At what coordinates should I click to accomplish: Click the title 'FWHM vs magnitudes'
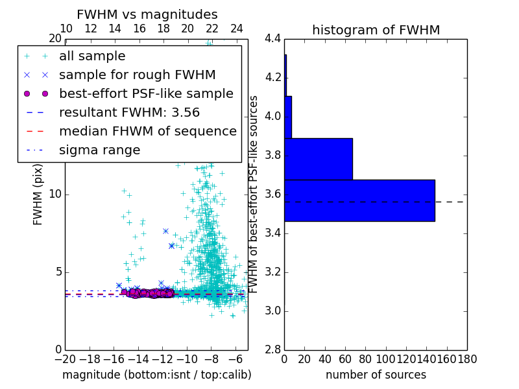[147, 14]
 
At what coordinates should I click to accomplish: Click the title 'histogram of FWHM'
[376, 30]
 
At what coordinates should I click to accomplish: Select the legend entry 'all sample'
[92, 56]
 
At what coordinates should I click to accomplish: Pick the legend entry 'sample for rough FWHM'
[137, 75]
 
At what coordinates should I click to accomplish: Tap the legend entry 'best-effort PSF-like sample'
[146, 94]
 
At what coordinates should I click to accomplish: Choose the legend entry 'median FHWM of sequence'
[147, 132]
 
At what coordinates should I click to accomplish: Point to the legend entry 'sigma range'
[99, 150]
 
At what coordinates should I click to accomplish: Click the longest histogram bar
[359, 200]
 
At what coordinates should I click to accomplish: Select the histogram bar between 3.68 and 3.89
[319, 159]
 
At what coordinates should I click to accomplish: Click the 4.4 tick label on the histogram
[273, 39]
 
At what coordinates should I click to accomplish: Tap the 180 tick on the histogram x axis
[467, 359]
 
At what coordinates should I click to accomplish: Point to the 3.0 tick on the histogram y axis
[273, 311]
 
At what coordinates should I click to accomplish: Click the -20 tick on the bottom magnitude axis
[65, 359]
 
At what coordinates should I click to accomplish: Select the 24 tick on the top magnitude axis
[236, 29]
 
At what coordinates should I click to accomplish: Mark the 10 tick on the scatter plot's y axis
[54, 194]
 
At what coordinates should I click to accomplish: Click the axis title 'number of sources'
[376, 375]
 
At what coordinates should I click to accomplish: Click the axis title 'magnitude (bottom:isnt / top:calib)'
[156, 375]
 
